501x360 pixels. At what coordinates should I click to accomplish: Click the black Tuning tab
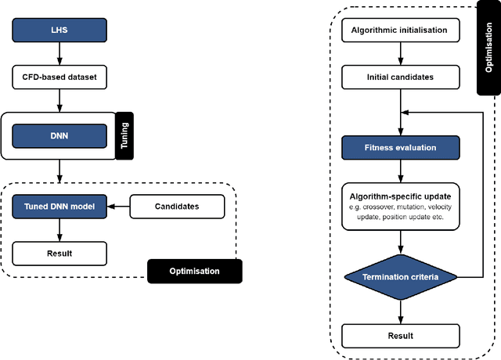pyautogui.click(x=124, y=135)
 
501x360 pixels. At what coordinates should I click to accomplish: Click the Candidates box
pyautogui.click(x=176, y=207)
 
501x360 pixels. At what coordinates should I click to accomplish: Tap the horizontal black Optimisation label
pyautogui.click(x=195, y=271)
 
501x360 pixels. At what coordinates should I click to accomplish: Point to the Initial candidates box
pyautogui.click(x=401, y=77)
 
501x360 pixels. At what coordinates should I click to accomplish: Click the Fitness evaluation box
pyautogui.click(x=401, y=146)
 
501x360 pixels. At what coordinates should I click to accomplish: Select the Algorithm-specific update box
pyautogui.click(x=401, y=205)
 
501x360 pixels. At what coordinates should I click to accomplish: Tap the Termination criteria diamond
pyautogui.click(x=401, y=277)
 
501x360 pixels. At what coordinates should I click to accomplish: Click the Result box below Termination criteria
pyautogui.click(x=401, y=335)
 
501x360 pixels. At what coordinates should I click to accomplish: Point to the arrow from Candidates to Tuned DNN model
pyautogui.click(x=117, y=207)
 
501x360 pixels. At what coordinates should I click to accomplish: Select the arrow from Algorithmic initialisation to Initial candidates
pyautogui.click(x=401, y=54)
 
